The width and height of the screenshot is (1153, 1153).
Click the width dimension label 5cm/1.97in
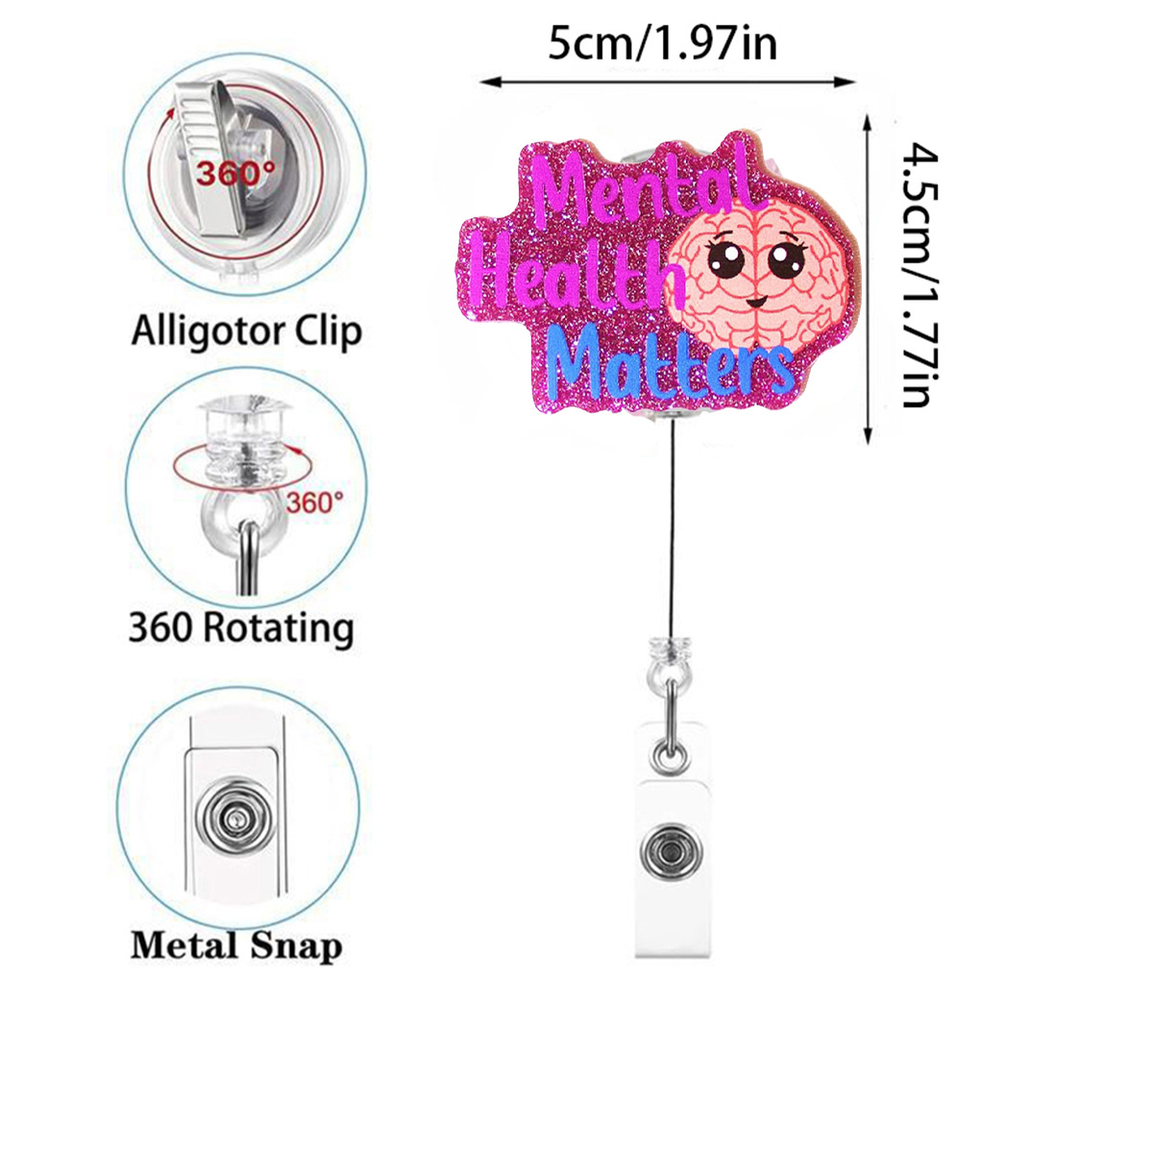pyautogui.click(x=662, y=43)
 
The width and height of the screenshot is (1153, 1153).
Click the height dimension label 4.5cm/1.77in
pyautogui.click(x=920, y=277)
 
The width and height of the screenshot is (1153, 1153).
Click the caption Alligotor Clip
pyautogui.click(x=246, y=331)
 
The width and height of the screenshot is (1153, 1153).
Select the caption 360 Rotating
pyautogui.click(x=241, y=627)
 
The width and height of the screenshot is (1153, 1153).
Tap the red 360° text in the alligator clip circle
pyautogui.click(x=234, y=174)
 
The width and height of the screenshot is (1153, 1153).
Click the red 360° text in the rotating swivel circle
pyautogui.click(x=314, y=502)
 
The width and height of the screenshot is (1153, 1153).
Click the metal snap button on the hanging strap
pyautogui.click(x=669, y=852)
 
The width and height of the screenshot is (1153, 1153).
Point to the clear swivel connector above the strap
pyautogui.click(x=669, y=653)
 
